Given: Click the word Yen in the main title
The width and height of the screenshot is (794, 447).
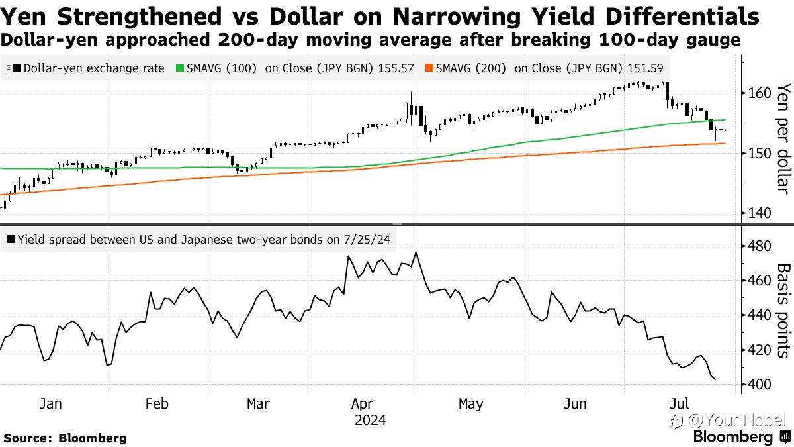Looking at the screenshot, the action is click(23, 16).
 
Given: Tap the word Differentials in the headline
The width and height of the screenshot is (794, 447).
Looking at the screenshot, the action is click(682, 16).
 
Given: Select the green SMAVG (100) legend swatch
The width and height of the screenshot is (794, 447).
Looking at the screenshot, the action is click(180, 68).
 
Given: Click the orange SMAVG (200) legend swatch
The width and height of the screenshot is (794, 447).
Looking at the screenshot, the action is click(429, 68).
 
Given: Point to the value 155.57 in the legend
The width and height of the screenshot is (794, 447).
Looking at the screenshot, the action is click(396, 68).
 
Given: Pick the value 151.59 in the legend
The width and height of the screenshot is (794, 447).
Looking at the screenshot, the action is click(645, 68).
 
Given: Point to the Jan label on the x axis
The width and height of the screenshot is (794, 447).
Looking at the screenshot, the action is click(50, 404).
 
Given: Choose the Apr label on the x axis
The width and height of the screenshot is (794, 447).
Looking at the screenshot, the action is click(362, 405).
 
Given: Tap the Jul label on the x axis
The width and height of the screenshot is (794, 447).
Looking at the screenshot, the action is click(679, 404).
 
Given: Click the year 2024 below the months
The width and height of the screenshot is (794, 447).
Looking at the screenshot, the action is click(370, 421).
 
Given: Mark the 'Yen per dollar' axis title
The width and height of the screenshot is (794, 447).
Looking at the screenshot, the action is click(784, 138).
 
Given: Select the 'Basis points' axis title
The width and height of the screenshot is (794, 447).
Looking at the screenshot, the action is click(784, 311).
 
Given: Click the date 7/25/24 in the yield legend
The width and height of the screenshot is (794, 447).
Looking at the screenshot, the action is click(367, 240).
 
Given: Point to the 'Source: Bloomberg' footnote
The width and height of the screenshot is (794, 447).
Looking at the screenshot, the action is click(65, 438).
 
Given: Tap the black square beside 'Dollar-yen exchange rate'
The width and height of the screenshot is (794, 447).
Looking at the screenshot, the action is click(17, 68).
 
